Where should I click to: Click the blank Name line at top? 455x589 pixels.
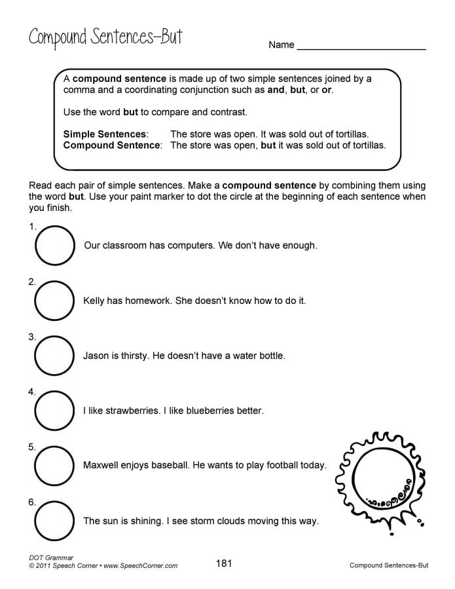tap(361, 47)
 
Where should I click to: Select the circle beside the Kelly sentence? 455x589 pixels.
tap(54, 301)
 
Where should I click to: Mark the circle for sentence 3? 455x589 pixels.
tap(54, 356)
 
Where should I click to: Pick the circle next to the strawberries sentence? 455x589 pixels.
tap(54, 411)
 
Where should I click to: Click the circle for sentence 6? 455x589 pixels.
tap(54, 521)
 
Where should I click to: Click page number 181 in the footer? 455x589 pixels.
tap(224, 563)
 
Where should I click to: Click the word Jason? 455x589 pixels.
tap(97, 356)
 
